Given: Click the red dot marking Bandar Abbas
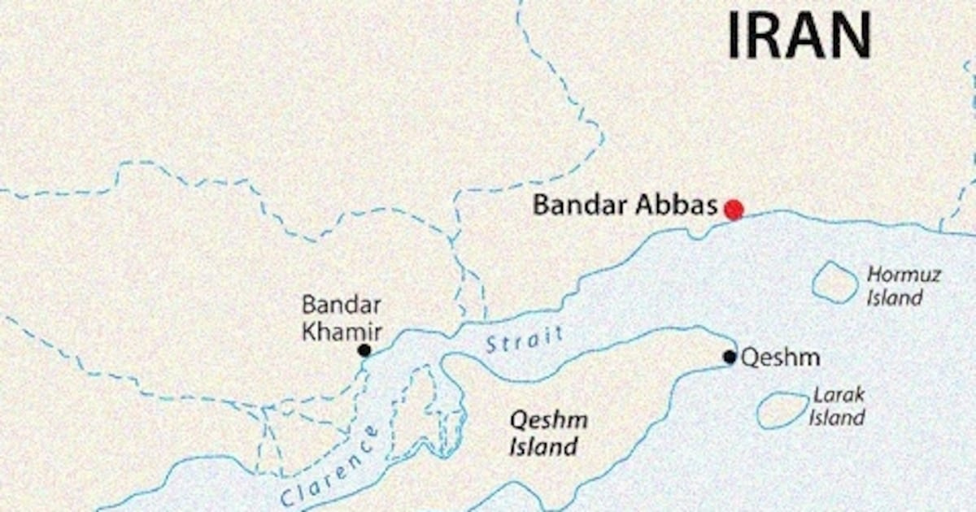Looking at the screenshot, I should click(x=734, y=210).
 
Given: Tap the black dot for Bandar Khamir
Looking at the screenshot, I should click(x=364, y=350).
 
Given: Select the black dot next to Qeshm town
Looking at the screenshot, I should click(x=730, y=357).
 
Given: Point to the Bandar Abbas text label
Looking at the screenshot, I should click(x=625, y=205).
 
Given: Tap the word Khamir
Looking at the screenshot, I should click(x=342, y=331).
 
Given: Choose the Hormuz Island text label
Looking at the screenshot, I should click(x=903, y=285).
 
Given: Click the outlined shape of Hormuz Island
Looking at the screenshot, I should click(x=834, y=282).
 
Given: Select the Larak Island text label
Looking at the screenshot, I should click(x=838, y=407).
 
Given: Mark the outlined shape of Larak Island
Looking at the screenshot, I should click(x=782, y=410).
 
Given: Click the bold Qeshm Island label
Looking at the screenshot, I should click(x=547, y=433).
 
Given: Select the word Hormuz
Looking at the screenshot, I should click(x=904, y=275).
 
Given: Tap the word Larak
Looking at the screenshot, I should click(x=839, y=396).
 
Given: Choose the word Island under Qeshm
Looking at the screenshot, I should click(x=544, y=446).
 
